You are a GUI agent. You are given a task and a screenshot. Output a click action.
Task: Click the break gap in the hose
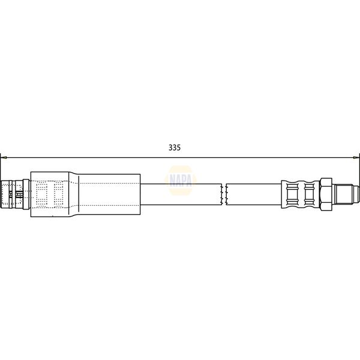point(224,193)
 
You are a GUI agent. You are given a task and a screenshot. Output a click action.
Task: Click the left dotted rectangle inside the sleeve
point(41,194)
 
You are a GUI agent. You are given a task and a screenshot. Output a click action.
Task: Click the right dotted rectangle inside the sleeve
point(59,194)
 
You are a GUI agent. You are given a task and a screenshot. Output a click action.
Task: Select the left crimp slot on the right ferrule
point(293,193)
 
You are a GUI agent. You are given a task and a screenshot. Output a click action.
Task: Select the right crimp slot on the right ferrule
point(309,193)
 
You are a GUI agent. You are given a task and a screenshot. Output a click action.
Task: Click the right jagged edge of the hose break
point(227,193)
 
